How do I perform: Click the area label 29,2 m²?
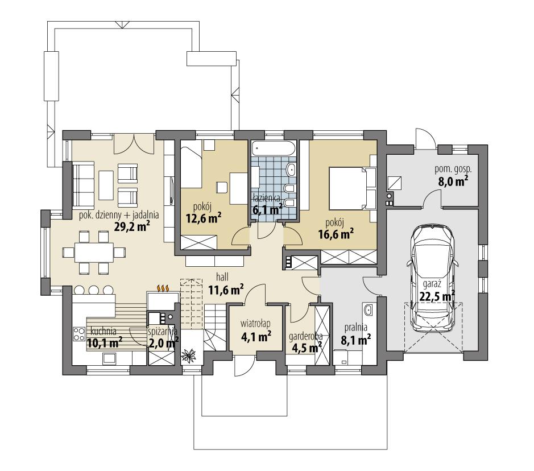click(x=131, y=227)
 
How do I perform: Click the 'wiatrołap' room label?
click(x=256, y=324)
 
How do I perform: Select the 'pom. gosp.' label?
click(x=453, y=169)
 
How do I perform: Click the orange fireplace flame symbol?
click(x=163, y=288)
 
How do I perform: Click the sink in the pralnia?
click(x=368, y=310)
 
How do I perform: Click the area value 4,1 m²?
click(x=256, y=336)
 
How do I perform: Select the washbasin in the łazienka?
click(x=291, y=169)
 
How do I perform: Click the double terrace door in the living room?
click(x=134, y=143)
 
